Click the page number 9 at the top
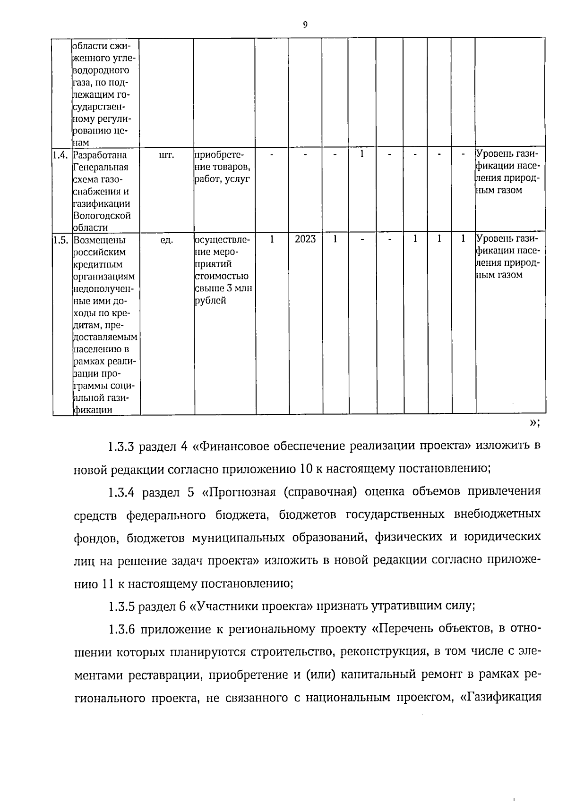[x=305, y=25]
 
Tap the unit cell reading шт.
[x=167, y=155]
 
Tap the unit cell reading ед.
[x=167, y=240]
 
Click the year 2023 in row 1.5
[x=305, y=239]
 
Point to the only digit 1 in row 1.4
[x=362, y=154]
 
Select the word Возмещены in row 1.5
[x=99, y=240]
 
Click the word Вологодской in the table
[x=102, y=216]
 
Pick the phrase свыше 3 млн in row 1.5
[x=224, y=288]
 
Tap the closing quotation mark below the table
[x=534, y=422]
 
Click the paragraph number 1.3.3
[x=122, y=446]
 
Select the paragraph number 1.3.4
[x=122, y=492]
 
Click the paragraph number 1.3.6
[x=122, y=629]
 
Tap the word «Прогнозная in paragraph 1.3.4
[x=239, y=492]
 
